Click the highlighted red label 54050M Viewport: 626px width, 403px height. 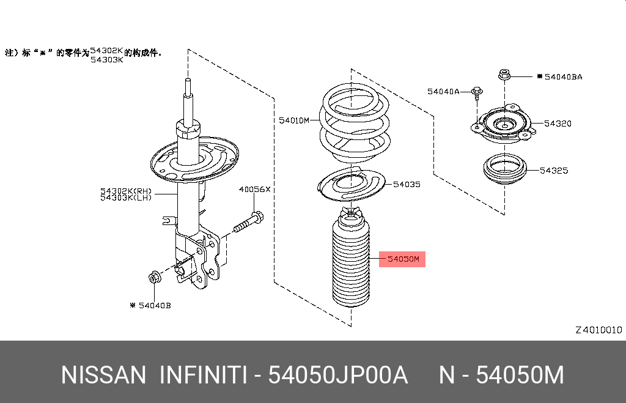(x=403, y=259)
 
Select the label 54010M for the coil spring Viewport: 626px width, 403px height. (x=295, y=120)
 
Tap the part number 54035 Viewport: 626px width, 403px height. (x=407, y=183)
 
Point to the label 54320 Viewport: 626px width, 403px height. (x=557, y=124)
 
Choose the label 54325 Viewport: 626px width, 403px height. (x=554, y=170)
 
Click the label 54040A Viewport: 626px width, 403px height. (x=443, y=91)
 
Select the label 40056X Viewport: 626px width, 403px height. (x=254, y=190)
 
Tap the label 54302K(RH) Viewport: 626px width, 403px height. (x=126, y=191)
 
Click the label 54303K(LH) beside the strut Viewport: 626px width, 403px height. (x=126, y=198)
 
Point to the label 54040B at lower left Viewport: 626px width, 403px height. (x=153, y=305)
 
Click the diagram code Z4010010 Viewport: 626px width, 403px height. (x=598, y=330)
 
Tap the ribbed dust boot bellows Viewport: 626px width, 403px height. (x=351, y=263)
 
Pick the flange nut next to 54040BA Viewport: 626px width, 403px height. (x=504, y=75)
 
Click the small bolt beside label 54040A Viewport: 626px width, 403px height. (x=477, y=94)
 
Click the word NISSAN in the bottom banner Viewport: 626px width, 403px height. (x=103, y=375)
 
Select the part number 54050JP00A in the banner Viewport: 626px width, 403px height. (x=339, y=375)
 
